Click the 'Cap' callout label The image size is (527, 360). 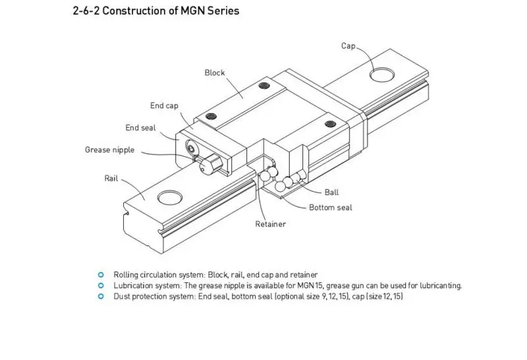(x=348, y=45)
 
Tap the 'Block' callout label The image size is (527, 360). (x=215, y=73)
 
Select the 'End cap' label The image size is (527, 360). (x=164, y=105)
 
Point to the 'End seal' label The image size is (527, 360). (x=140, y=128)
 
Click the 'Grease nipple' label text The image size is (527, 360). (x=109, y=150)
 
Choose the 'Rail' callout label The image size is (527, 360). (x=111, y=178)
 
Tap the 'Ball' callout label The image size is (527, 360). (x=331, y=193)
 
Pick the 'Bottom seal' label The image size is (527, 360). (x=331, y=208)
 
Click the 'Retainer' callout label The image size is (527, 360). (x=270, y=224)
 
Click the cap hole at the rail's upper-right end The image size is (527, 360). (x=382, y=75)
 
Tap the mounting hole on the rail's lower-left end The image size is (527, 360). (x=170, y=198)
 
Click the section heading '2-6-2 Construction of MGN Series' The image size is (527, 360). (x=156, y=11)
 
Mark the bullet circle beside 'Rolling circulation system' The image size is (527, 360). (x=101, y=275)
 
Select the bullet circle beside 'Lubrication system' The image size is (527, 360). (x=101, y=285)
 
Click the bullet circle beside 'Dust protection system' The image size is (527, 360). (x=101, y=297)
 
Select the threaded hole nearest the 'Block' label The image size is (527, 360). (x=264, y=85)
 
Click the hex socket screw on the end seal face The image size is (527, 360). (x=191, y=148)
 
